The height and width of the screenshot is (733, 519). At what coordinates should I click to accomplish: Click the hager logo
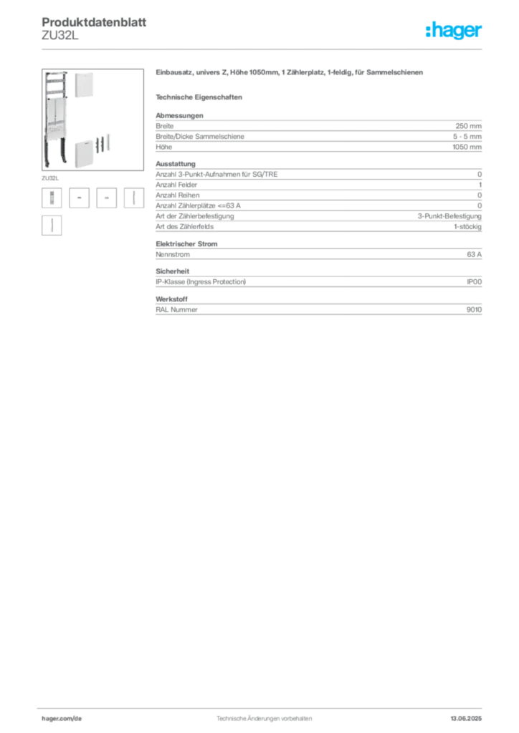[454, 30]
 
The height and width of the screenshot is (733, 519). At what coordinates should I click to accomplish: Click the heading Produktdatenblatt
[94, 22]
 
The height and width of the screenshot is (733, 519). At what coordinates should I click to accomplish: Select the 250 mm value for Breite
[468, 126]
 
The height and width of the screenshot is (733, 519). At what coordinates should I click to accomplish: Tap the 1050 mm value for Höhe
[467, 147]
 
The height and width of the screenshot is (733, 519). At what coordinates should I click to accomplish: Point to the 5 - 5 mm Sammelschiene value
[467, 137]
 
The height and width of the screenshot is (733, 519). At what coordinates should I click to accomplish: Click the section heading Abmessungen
[179, 115]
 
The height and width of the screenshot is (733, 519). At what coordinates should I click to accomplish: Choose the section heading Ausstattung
[176, 164]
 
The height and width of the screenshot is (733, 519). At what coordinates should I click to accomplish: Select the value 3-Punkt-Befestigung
[449, 216]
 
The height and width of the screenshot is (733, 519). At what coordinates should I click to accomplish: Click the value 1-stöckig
[467, 227]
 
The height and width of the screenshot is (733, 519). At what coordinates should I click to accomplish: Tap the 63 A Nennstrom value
[474, 254]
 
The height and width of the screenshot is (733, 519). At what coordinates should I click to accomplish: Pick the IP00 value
[474, 282]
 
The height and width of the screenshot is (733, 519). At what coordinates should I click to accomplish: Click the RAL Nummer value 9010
[474, 309]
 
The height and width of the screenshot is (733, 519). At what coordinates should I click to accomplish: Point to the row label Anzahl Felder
[176, 185]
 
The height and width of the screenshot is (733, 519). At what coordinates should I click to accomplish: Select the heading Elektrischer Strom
[186, 244]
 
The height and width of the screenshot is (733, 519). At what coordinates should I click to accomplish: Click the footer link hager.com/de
[62, 719]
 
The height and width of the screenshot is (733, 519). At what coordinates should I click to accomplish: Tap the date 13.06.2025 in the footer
[466, 719]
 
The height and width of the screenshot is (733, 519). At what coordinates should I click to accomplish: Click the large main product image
[92, 120]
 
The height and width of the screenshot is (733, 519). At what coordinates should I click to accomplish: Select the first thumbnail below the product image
[52, 198]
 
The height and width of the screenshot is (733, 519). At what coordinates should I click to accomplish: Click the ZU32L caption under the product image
[50, 178]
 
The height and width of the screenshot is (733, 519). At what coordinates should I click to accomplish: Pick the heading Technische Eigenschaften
[199, 97]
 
